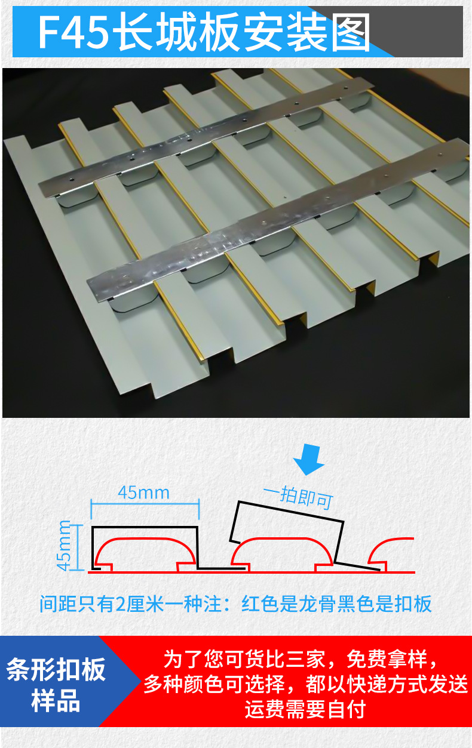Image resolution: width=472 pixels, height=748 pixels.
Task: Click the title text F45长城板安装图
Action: pyautogui.click(x=203, y=32)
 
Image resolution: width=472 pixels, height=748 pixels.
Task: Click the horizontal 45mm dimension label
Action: pyautogui.click(x=143, y=493)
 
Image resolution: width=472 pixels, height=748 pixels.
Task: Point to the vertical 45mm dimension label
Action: pyautogui.click(x=65, y=545)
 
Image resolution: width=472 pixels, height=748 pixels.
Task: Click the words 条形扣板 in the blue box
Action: pyautogui.click(x=56, y=670)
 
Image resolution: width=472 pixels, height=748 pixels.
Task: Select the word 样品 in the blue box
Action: pyautogui.click(x=56, y=701)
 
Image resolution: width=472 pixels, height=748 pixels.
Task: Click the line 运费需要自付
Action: pyautogui.click(x=305, y=710)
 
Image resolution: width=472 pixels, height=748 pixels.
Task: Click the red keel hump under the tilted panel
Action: pyautogui.click(x=281, y=549)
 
